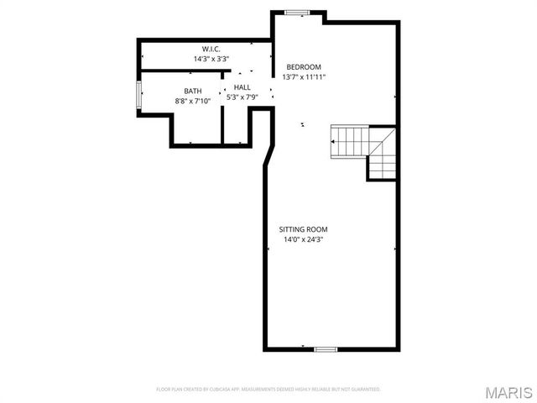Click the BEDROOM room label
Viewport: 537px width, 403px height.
tap(304, 67)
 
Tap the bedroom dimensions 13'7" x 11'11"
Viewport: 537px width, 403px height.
tap(304, 76)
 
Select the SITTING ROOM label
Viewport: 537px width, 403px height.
tap(303, 229)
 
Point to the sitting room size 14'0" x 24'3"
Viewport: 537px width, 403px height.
tap(303, 239)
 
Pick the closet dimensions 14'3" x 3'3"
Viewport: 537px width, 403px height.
tap(210, 59)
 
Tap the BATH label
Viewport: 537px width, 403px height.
tap(193, 91)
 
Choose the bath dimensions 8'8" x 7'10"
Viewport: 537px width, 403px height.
tap(193, 101)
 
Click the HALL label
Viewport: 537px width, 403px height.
tap(242, 87)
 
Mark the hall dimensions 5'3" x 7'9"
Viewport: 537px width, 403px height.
tap(242, 97)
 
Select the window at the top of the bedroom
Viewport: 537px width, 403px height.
tap(298, 12)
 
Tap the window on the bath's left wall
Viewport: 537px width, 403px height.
tap(139, 95)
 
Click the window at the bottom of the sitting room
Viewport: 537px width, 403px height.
tap(326, 348)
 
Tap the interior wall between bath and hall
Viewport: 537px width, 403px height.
tap(222, 113)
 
